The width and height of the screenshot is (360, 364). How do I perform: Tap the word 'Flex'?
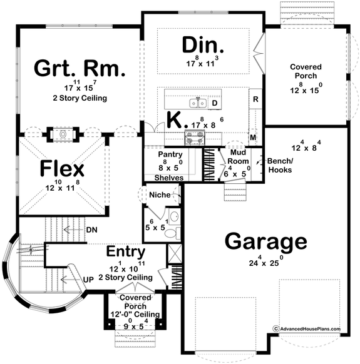click(x=63, y=168)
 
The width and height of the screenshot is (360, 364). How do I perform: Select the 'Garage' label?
click(x=265, y=241)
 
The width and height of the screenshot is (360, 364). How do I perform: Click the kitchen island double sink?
click(x=198, y=101)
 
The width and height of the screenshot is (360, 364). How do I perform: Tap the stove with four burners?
click(x=192, y=138)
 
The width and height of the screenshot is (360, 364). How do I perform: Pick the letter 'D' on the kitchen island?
click(x=214, y=103)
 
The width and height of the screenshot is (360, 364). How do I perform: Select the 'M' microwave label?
click(x=254, y=137)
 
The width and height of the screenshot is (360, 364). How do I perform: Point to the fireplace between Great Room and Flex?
click(x=63, y=134)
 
